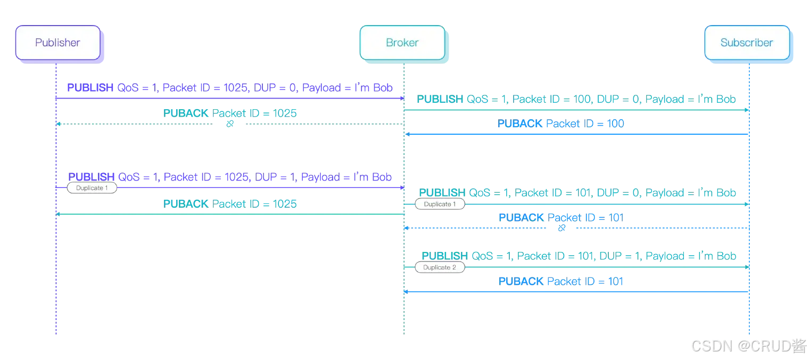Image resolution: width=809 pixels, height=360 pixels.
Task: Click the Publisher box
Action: click(57, 43)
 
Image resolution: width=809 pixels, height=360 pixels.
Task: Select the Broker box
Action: click(402, 43)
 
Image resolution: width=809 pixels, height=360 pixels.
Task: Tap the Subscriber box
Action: click(746, 43)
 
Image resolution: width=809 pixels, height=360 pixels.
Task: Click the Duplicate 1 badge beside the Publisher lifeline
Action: click(92, 188)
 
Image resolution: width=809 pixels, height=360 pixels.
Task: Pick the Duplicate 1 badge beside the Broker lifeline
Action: click(440, 204)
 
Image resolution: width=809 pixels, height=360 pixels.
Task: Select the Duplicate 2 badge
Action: click(440, 267)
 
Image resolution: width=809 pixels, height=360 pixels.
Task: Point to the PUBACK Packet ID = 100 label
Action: click(561, 124)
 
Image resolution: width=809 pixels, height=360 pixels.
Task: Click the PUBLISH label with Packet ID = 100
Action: click(577, 100)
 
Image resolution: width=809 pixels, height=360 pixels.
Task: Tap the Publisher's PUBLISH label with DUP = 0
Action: click(230, 88)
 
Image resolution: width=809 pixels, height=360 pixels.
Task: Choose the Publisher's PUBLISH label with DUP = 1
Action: click(230, 177)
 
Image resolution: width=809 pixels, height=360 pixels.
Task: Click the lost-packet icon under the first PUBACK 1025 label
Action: click(230, 125)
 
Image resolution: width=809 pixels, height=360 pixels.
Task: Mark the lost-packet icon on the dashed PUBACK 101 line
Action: click(562, 228)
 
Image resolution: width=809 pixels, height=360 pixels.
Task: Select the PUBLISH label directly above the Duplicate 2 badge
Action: click(579, 256)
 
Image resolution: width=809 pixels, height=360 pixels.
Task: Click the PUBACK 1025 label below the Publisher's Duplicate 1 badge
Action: click(230, 203)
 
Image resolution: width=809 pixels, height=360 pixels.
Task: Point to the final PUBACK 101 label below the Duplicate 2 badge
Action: click(561, 281)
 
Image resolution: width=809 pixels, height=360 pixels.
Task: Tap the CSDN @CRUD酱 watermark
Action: click(747, 345)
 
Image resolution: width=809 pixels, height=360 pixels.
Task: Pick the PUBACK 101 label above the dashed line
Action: click(561, 217)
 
